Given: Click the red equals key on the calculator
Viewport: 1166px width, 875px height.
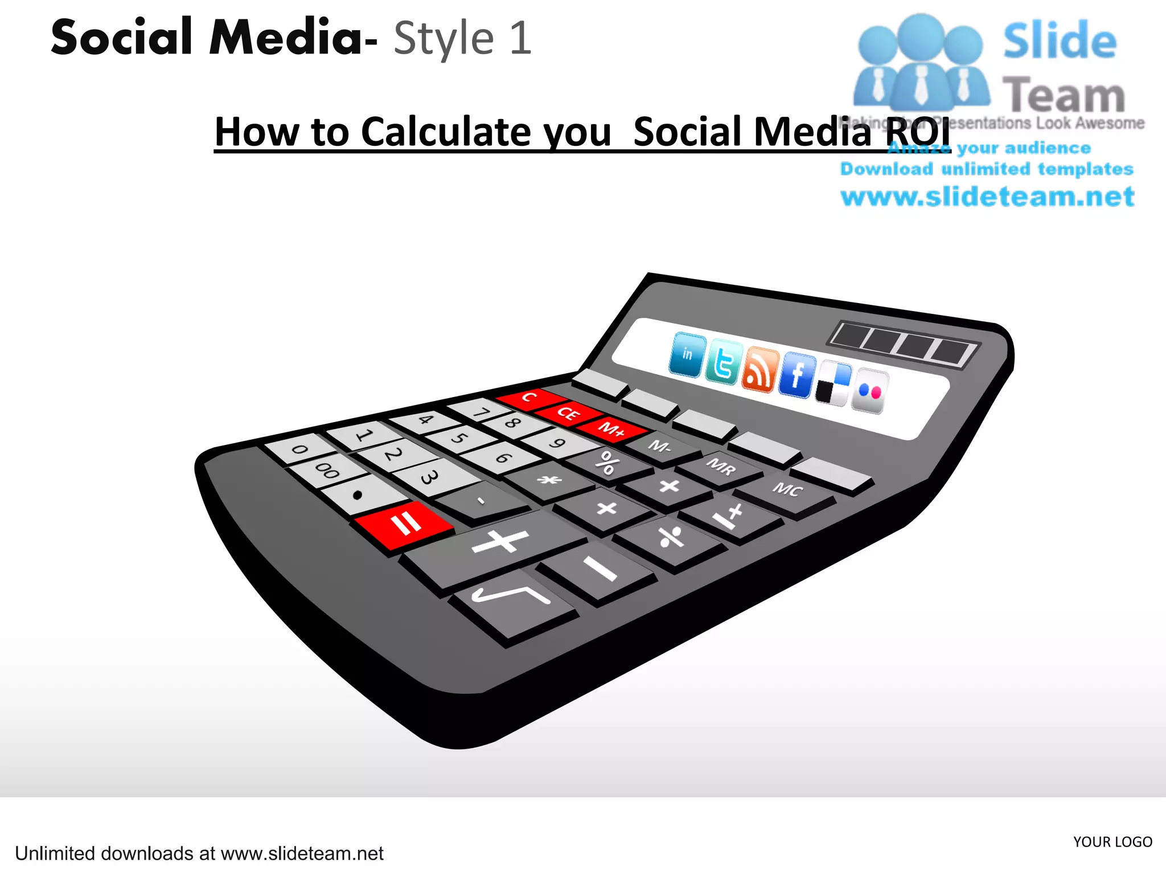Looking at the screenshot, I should (x=404, y=524).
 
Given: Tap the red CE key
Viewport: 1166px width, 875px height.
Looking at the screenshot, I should (x=568, y=412).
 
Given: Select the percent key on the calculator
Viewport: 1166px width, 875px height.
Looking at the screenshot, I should (x=607, y=463).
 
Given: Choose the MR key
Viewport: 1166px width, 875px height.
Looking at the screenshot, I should (x=721, y=467).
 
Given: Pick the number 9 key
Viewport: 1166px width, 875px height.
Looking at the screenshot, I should (x=557, y=443).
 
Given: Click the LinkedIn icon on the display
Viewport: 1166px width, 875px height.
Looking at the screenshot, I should (x=688, y=355).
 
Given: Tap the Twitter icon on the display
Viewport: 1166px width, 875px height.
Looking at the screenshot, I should (x=723, y=363).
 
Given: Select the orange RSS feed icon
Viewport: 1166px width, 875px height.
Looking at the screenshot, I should (x=759, y=370).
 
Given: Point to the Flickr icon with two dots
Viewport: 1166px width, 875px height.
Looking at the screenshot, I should (x=869, y=391).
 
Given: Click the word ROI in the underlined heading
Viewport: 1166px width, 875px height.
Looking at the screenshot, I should (x=918, y=132).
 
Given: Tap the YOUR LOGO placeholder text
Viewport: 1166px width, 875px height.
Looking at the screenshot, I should (x=1112, y=842).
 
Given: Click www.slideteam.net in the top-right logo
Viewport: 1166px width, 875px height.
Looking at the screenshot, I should (x=987, y=197).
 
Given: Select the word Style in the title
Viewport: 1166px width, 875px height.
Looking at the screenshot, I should (x=444, y=39).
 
